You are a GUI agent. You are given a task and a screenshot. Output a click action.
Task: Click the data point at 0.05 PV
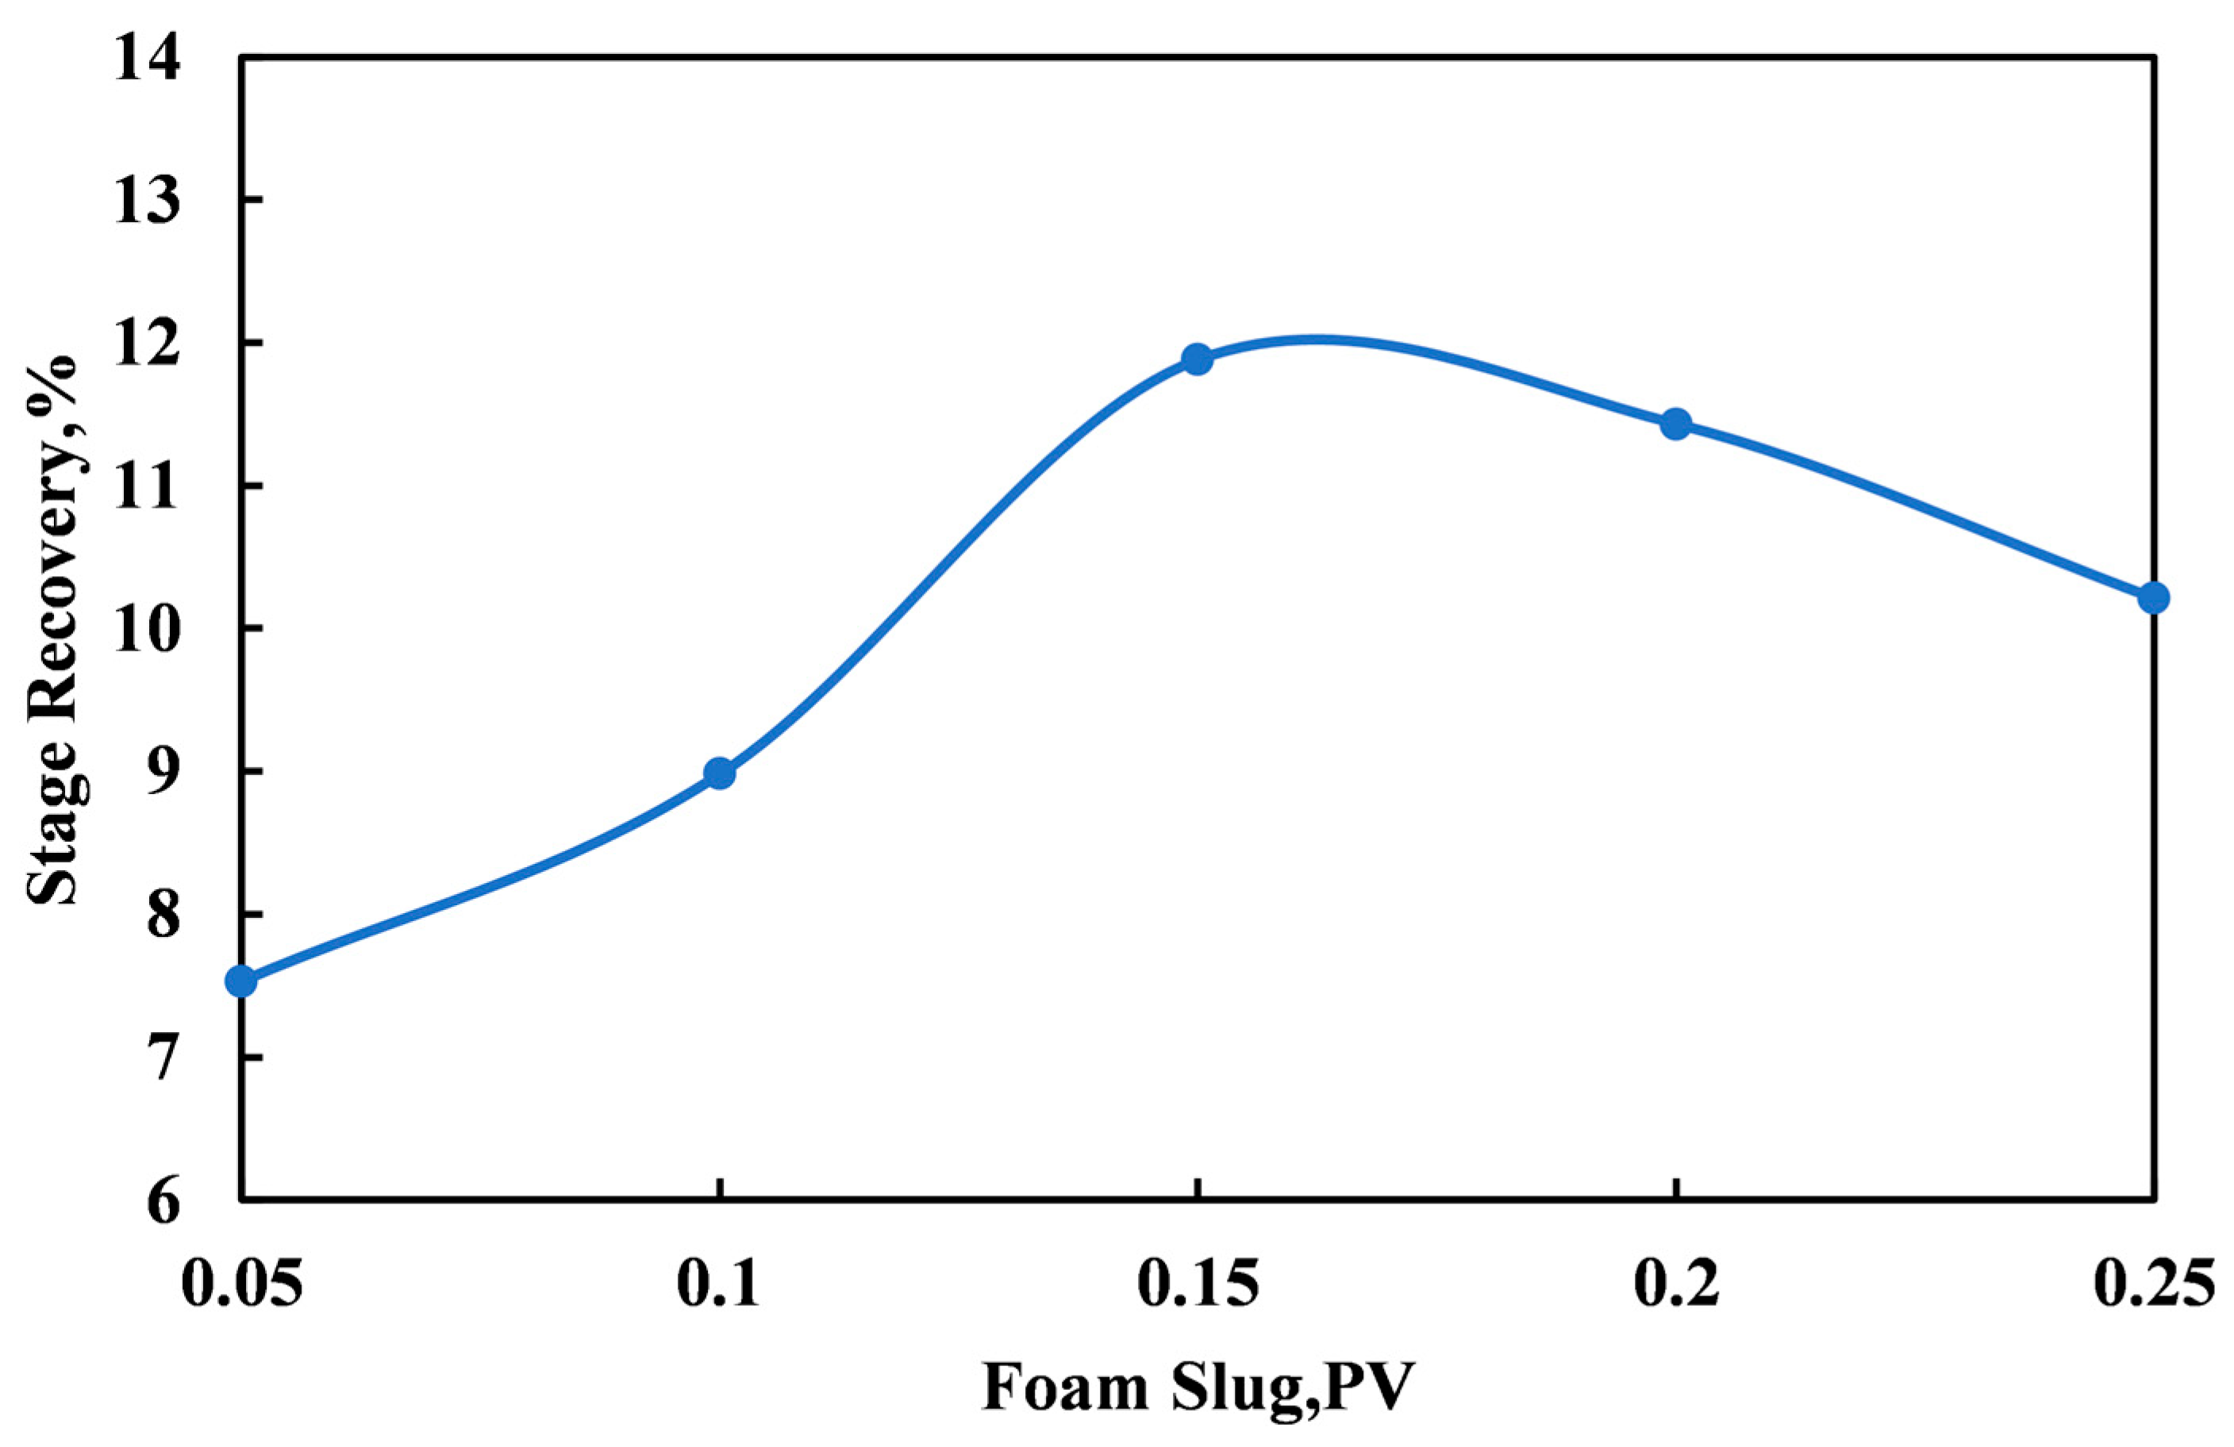tap(241, 981)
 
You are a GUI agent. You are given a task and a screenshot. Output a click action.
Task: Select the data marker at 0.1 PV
tap(720, 773)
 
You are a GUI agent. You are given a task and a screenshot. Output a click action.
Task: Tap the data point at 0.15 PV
tap(1197, 359)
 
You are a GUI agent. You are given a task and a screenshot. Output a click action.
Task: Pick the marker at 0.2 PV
tap(1675, 424)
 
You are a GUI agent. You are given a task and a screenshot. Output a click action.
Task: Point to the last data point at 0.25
tap(2153, 597)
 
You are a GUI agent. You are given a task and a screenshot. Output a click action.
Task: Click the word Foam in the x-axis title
tap(1064, 1387)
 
